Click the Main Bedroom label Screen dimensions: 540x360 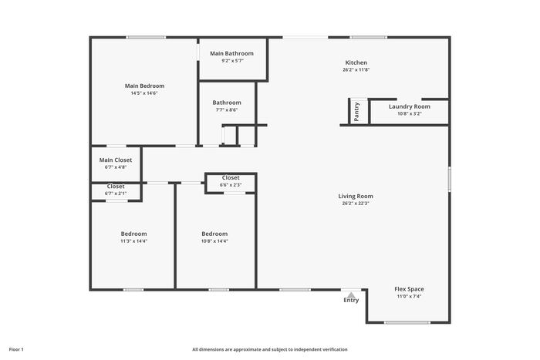tap(145, 86)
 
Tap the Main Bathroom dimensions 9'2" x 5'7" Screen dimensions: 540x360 tap(232, 61)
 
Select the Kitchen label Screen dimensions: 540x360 tap(356, 62)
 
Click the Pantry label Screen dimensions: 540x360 tap(356, 112)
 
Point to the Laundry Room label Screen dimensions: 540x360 tap(410, 106)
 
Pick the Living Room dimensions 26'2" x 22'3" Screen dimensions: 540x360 tap(356, 203)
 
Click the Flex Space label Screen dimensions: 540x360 tap(409, 289)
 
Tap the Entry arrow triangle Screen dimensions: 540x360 tap(351, 295)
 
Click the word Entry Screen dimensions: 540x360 tap(351, 301)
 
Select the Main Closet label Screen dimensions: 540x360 tap(116, 160)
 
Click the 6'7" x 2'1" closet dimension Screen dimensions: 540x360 tap(116, 193)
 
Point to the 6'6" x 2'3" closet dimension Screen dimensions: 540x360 tap(231, 185)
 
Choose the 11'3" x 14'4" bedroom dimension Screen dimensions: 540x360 tap(133, 241)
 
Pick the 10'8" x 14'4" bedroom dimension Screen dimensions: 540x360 tap(214, 241)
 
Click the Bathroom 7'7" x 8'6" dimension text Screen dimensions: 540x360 tap(227, 109)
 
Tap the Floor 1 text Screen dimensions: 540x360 tap(16, 349)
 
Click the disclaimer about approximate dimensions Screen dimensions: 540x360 tap(270, 349)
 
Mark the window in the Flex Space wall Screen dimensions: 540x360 tap(407, 322)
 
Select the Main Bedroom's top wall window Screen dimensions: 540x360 tap(146, 37)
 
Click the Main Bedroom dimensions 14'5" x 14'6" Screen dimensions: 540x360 tap(144, 93)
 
